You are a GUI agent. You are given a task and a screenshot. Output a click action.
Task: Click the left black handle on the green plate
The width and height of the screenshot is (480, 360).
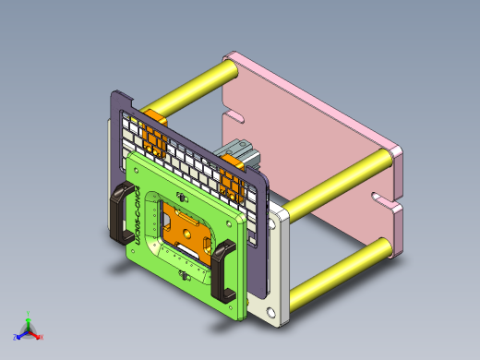(119, 213)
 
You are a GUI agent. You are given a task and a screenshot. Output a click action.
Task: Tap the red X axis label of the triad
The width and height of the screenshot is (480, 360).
(42, 337)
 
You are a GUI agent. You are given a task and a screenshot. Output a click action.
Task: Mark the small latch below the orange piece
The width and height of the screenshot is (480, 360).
(186, 275)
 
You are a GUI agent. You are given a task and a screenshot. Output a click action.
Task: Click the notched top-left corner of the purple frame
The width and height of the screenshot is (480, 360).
(117, 95)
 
